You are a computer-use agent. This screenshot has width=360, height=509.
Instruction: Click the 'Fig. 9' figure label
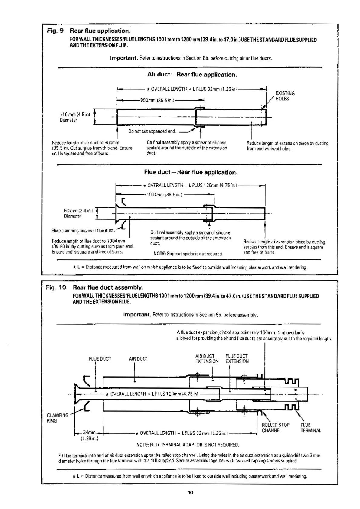pyautogui.click(x=55, y=31)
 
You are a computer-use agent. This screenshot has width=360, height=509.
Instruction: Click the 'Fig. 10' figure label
pyautogui.click(x=56, y=287)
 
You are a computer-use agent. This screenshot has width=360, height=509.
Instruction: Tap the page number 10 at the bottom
pyautogui.click(x=190, y=493)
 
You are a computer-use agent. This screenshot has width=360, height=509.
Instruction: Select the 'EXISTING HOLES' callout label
pyautogui.click(x=285, y=96)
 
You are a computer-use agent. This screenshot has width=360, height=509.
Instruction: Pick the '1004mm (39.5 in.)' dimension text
pyautogui.click(x=164, y=195)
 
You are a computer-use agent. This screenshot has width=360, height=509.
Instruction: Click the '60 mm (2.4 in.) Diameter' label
pyautogui.click(x=79, y=213)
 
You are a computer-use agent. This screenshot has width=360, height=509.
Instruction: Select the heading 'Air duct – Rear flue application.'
pyautogui.click(x=192, y=75)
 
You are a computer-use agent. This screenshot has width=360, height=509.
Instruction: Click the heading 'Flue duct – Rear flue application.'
pyautogui.click(x=191, y=172)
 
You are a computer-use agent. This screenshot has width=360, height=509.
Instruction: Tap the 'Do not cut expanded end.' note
pyautogui.click(x=152, y=131)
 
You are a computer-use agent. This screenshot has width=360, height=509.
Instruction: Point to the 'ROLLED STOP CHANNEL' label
pyautogui.click(x=275, y=428)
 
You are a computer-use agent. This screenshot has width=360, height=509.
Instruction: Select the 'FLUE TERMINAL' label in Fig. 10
pyautogui.click(x=311, y=428)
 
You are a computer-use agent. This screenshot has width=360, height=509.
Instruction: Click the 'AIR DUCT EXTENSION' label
pyautogui.click(x=207, y=359)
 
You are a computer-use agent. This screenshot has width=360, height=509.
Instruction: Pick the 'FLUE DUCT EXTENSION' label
pyautogui.click(x=237, y=359)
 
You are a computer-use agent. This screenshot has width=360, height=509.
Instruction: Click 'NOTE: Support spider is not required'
pyautogui.click(x=188, y=254)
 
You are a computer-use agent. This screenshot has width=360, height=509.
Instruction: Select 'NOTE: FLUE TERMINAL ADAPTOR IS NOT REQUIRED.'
pyautogui.click(x=188, y=445)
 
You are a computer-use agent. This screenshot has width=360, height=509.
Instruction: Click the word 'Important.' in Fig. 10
pyautogui.click(x=137, y=315)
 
